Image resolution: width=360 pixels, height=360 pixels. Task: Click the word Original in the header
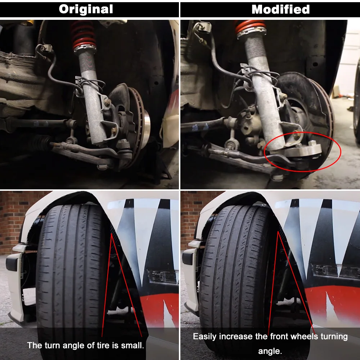point(86,9)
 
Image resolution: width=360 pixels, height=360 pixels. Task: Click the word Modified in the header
point(280,9)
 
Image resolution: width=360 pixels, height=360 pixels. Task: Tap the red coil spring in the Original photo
point(84,36)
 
